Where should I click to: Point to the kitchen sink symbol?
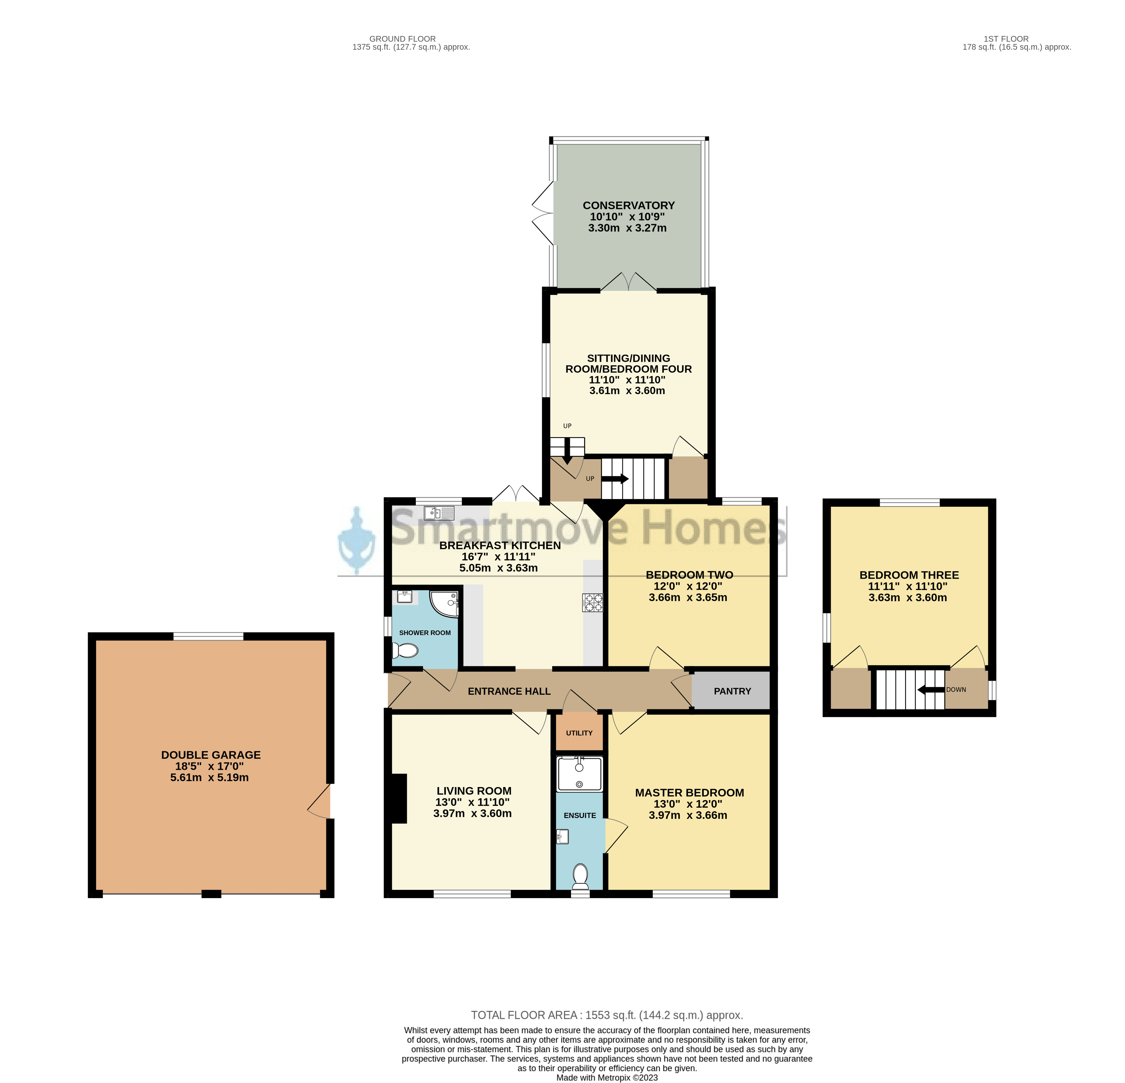click(439, 512)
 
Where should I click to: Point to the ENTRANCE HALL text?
click(509, 691)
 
